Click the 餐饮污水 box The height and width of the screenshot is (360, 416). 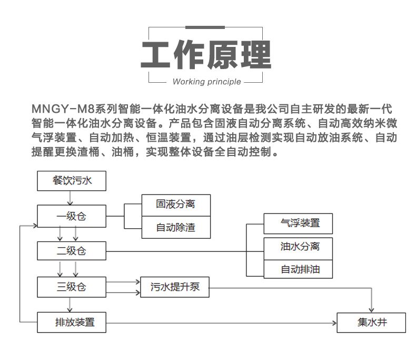[72, 180]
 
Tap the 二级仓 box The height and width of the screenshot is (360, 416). [72, 251]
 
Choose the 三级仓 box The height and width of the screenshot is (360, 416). [72, 287]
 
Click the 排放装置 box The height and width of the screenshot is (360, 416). [72, 322]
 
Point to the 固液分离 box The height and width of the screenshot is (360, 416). [176, 205]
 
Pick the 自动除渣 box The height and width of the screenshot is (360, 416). [176, 228]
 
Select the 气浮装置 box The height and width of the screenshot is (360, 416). [300, 223]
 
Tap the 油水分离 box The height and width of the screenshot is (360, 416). [300, 246]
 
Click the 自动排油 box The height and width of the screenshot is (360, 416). [300, 270]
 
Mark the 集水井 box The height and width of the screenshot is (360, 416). [371, 322]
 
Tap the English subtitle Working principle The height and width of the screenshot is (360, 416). [206, 82]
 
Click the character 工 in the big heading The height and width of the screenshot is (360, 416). [157, 54]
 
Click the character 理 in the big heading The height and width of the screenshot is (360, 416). [255, 54]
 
